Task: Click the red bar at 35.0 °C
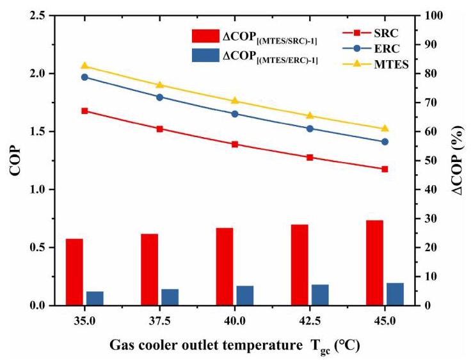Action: [x=74, y=272]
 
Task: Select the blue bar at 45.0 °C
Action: [x=395, y=294]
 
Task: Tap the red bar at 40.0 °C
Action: [x=225, y=266]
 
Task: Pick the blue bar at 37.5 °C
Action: [x=170, y=297]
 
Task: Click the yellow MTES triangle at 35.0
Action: [x=84, y=66]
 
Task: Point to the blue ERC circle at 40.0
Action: [x=235, y=114]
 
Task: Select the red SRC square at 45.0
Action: [x=385, y=169]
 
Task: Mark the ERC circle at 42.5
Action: [x=310, y=129]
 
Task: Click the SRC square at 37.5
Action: [x=159, y=129]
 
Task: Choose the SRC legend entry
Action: [x=371, y=33]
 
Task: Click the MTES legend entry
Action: [x=376, y=64]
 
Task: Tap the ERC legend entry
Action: [x=371, y=49]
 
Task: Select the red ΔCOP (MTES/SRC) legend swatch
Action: [x=205, y=36]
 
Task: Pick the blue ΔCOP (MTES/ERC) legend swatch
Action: [x=205, y=55]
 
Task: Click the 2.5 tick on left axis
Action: [x=38, y=15]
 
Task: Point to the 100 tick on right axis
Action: [x=433, y=15]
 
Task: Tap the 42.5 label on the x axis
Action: [x=310, y=321]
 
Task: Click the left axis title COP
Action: [x=15, y=161]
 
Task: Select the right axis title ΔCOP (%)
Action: [x=458, y=160]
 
